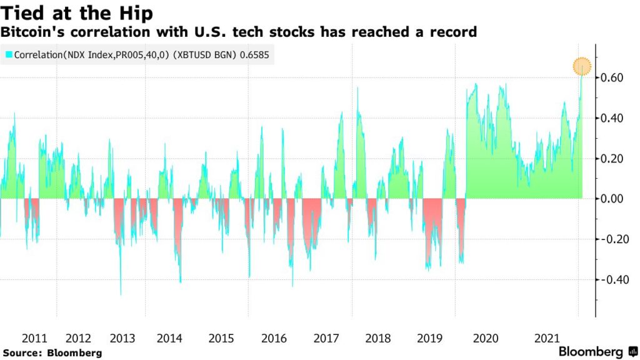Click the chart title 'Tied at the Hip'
point(77,12)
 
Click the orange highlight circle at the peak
point(582,66)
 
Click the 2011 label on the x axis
point(34,338)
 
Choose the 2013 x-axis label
point(122,338)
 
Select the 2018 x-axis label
point(377,338)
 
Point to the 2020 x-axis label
point(486,338)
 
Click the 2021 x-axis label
point(547,338)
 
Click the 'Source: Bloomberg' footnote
point(52,353)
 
